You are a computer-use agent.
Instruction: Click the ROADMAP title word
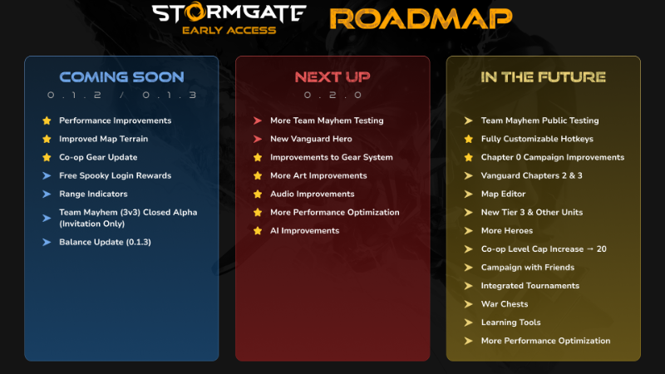pyautogui.click(x=421, y=19)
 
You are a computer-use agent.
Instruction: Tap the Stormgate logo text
pyautogui.click(x=229, y=12)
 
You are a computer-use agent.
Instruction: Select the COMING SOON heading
pyautogui.click(x=121, y=76)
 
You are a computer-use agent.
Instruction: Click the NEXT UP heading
pyautogui.click(x=332, y=76)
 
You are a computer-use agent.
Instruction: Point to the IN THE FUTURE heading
pyautogui.click(x=544, y=76)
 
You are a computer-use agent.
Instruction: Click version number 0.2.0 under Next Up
pyautogui.click(x=333, y=95)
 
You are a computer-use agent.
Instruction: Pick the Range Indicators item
pyautogui.click(x=93, y=194)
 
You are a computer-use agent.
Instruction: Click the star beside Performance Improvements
pyautogui.click(x=47, y=121)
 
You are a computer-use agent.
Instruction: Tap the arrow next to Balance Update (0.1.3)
pyautogui.click(x=47, y=242)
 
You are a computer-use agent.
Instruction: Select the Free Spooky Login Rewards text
pyautogui.click(x=116, y=175)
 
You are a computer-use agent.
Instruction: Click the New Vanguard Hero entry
pyautogui.click(x=311, y=139)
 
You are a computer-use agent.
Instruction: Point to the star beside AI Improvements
pyautogui.click(x=258, y=231)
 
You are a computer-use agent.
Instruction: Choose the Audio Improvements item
pyautogui.click(x=313, y=194)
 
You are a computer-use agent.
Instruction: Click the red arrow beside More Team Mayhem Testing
pyautogui.click(x=258, y=121)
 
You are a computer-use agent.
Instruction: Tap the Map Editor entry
pyautogui.click(x=503, y=194)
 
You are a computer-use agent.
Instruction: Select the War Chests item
pyautogui.click(x=505, y=304)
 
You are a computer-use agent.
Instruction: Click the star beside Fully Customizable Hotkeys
pyautogui.click(x=468, y=139)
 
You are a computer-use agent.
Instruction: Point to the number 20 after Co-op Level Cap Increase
pyautogui.click(x=601, y=249)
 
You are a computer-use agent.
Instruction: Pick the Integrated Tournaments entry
pyautogui.click(x=530, y=286)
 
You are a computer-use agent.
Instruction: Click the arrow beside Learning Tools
pyautogui.click(x=468, y=322)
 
